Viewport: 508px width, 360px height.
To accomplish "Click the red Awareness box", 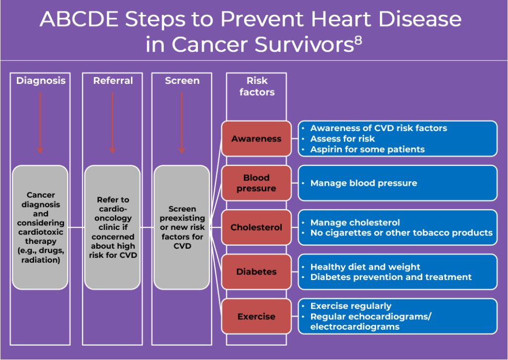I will [x=256, y=139].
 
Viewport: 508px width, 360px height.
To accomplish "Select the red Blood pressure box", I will [x=256, y=183].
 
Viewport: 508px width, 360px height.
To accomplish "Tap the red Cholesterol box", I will [x=256, y=227].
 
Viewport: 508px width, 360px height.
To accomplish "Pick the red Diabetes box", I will [x=256, y=272].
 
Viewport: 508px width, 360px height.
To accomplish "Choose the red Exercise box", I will [x=256, y=316].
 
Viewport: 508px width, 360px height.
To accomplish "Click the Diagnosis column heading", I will [x=41, y=81].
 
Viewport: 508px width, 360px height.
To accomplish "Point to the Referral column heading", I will [x=113, y=81].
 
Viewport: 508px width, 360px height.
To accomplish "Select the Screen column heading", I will [x=182, y=81].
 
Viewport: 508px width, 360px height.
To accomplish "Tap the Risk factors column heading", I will [x=256, y=86].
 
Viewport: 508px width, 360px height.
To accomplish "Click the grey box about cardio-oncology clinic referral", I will [x=113, y=227].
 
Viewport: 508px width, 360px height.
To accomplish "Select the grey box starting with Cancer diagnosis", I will [x=41, y=227].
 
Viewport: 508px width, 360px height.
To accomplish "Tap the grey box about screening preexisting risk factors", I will [x=182, y=227].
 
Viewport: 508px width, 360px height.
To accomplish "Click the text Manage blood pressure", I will [x=363, y=183].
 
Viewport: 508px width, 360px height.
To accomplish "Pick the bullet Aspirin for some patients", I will [x=367, y=149].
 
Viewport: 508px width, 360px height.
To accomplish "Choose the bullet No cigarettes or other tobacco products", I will [x=401, y=233].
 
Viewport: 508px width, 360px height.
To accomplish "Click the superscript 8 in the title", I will [x=358, y=41].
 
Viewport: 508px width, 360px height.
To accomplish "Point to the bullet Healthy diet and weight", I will [x=365, y=267].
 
